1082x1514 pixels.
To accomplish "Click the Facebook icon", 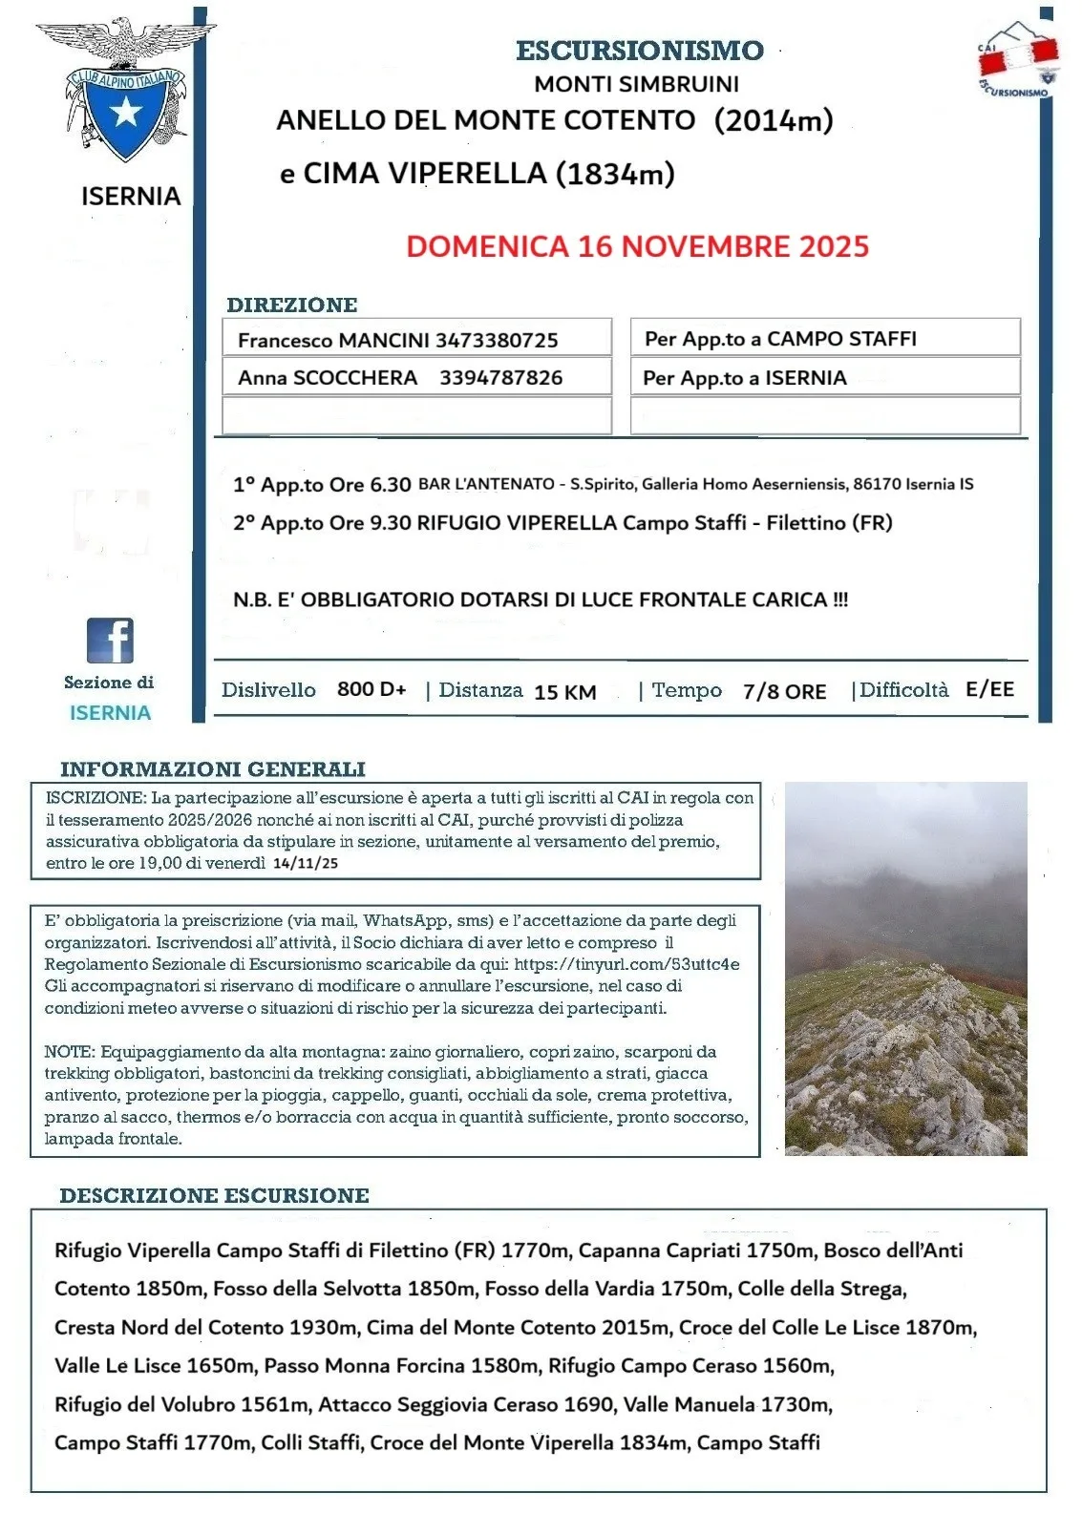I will click(110, 641).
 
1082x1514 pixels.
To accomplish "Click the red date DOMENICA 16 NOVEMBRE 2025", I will click(637, 246).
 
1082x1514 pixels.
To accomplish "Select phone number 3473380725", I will click(497, 340).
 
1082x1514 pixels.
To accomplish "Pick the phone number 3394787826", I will click(500, 377).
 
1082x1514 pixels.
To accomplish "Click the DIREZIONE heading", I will click(291, 305).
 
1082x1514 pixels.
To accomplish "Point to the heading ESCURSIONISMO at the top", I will click(639, 51).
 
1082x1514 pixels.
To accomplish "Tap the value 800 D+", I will click(371, 689).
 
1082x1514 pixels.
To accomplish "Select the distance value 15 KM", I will click(564, 692).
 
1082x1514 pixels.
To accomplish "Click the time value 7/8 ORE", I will click(784, 691).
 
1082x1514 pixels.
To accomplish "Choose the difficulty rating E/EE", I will click(989, 689).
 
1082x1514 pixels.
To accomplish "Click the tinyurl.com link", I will click(626, 964).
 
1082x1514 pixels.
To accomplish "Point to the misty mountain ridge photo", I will click(905, 969).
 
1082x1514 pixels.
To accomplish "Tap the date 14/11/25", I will click(305, 863).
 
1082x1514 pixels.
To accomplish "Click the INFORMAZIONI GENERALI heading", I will click(212, 769).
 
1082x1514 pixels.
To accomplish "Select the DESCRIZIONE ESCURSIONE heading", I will click(214, 1195).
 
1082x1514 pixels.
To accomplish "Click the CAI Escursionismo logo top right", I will click(1018, 59).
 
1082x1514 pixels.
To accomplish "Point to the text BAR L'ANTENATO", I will click(486, 484).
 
